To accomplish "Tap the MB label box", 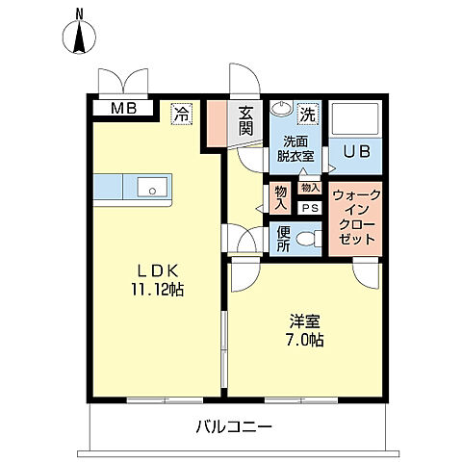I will [122, 108].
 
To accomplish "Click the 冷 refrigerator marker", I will [180, 113].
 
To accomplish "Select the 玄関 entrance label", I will [246, 121].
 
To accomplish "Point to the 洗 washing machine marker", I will [307, 113].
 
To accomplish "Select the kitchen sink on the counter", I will [152, 186].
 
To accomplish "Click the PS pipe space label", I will [310, 208].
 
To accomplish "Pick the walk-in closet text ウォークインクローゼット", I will [355, 217].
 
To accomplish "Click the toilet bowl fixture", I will [308, 238].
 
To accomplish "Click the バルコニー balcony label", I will [236, 425].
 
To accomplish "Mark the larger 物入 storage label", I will [280, 197].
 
